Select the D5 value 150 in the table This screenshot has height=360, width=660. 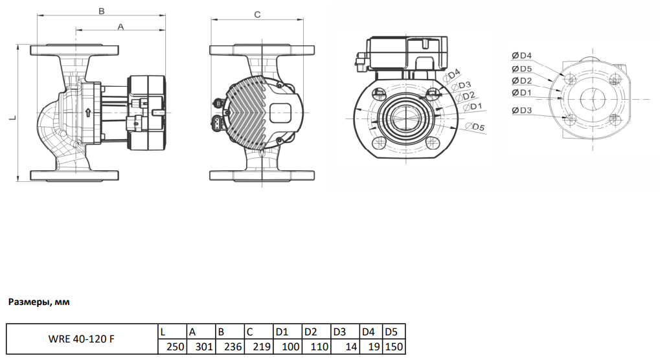(394, 347)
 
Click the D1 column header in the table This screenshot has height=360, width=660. (282, 332)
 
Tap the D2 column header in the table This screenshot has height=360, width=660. (311, 332)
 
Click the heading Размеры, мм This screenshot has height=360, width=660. (38, 302)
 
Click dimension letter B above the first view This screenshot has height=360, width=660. (101, 11)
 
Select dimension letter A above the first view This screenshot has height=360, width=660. (120, 27)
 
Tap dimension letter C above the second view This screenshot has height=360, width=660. (257, 14)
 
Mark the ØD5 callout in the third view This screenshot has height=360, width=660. (477, 127)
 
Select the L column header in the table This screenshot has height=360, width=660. (163, 332)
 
